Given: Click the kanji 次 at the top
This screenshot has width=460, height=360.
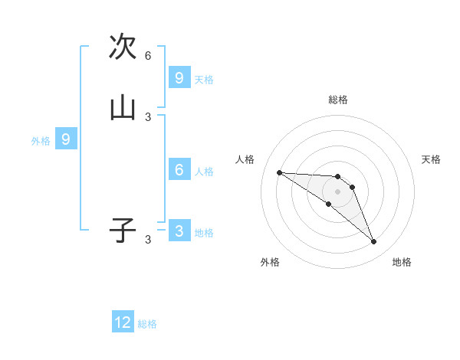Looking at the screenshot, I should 123,47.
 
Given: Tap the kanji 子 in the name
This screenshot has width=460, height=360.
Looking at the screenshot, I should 123,230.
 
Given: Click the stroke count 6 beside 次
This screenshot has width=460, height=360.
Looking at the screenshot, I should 148,56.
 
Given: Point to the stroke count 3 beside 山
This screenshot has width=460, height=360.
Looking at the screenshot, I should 148,117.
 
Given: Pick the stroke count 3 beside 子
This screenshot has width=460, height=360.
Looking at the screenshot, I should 148,240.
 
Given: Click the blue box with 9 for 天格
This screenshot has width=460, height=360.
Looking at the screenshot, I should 179,78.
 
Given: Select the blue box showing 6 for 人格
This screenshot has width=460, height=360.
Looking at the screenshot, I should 179,170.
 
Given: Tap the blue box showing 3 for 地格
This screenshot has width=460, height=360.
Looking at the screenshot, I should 179,231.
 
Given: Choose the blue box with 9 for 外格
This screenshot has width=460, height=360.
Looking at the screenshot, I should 66,139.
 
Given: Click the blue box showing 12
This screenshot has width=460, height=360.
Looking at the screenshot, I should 123,322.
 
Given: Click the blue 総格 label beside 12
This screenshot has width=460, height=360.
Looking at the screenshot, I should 147,324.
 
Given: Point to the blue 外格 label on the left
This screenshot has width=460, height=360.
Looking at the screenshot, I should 41,141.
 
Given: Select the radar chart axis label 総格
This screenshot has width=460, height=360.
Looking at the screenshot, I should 338,100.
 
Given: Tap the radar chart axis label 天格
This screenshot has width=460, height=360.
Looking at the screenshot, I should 432,159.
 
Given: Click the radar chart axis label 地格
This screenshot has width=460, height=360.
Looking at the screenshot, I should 402,262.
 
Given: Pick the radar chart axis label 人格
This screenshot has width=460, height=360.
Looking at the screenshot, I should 245,159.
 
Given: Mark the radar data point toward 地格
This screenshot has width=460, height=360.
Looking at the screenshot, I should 374,242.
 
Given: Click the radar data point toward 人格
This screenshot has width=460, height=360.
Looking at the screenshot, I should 279,172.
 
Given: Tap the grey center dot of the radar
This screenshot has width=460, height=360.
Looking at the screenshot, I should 337,191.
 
